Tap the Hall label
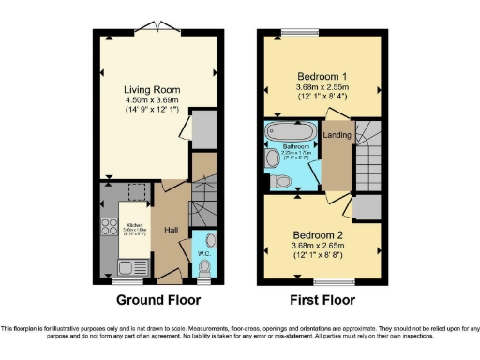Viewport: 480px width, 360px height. pyautogui.click(x=172, y=229)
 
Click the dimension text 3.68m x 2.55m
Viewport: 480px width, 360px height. pyautogui.click(x=322, y=88)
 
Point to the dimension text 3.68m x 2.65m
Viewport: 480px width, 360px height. pyautogui.click(x=322, y=247)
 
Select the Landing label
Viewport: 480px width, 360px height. pyautogui.click(x=337, y=135)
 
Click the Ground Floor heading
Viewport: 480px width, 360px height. pyautogui.click(x=157, y=300)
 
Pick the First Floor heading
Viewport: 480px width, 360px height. pyautogui.click(x=322, y=300)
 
